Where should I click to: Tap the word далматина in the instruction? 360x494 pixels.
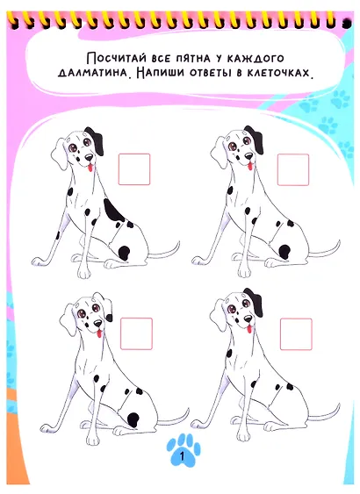[93, 73]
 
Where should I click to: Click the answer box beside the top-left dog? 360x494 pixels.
[134, 169]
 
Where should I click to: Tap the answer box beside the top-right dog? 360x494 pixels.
[293, 170]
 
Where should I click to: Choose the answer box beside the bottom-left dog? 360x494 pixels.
[136, 333]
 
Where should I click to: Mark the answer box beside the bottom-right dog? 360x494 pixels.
[296, 334]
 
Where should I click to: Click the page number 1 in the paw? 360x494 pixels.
[182, 456]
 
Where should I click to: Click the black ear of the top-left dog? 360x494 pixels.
[96, 140]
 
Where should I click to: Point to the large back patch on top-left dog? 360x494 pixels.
[113, 210]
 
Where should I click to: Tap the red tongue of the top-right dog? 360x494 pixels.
[250, 166]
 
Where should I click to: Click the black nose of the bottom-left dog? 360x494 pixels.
[98, 324]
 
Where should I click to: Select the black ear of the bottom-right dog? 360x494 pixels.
[256, 302]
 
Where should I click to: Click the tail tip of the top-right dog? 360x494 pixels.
[339, 242]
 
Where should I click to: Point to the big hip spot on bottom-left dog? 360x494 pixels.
[133, 419]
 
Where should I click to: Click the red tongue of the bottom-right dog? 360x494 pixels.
[249, 329]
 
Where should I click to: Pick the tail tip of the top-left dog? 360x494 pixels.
[178, 244]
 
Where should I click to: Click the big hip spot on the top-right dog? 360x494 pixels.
[284, 252]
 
